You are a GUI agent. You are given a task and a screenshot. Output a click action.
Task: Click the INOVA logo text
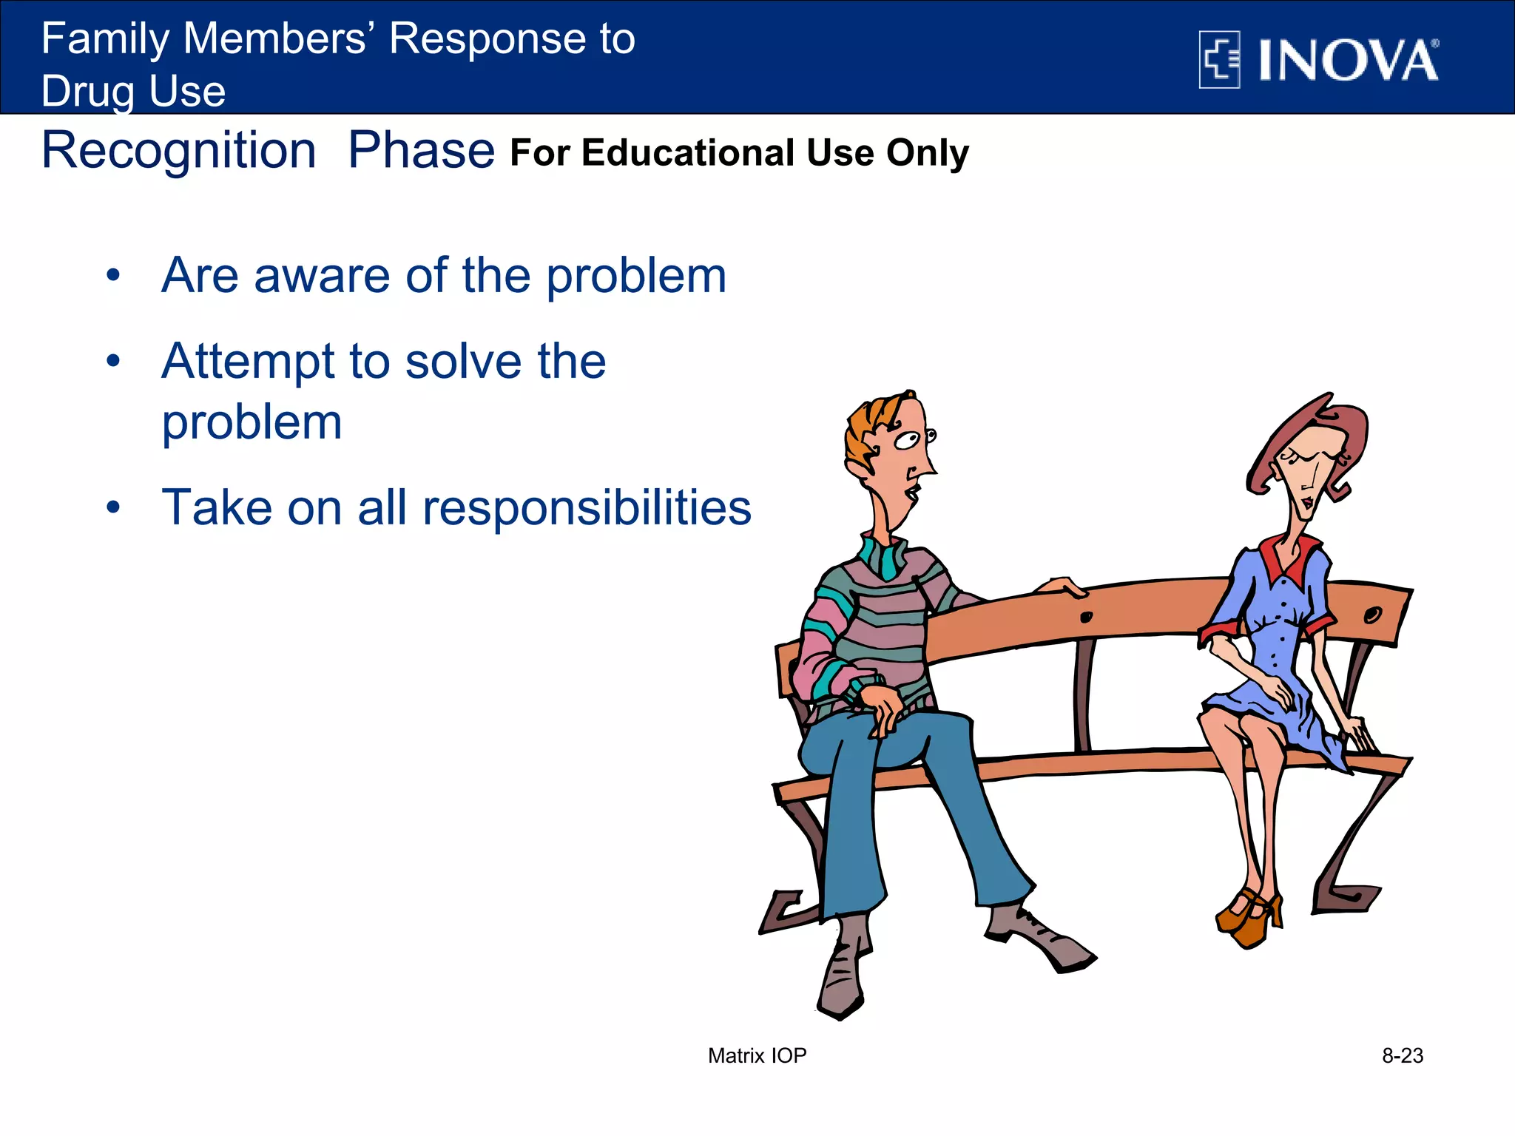(1348, 61)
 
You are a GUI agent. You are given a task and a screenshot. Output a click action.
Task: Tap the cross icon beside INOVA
(1219, 60)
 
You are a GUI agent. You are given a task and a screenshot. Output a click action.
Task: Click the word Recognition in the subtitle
(178, 151)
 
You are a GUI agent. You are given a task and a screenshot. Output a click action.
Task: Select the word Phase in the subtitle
(421, 151)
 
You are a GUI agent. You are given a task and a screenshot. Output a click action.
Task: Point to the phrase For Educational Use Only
(739, 153)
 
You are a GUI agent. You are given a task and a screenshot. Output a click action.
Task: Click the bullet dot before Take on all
(112, 508)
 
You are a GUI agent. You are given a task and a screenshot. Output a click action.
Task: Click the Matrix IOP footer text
(757, 1055)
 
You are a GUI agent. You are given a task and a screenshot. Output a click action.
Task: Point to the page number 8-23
(1402, 1055)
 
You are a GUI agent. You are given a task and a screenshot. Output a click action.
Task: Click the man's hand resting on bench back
(1062, 586)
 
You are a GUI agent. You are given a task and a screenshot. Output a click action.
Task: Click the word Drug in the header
(88, 92)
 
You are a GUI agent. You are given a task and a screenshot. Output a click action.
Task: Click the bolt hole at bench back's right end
(1372, 615)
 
